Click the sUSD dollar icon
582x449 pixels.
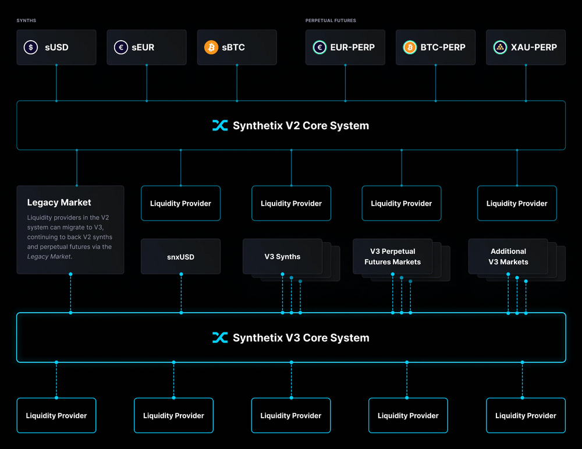31,47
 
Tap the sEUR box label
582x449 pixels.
143,47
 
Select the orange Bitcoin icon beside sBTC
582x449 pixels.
211,47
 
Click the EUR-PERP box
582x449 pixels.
345,47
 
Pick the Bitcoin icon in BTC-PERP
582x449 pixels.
410,47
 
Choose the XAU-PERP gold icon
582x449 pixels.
500,47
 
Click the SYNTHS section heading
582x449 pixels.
26,20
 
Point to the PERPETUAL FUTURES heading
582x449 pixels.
331,20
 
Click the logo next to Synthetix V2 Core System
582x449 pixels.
220,125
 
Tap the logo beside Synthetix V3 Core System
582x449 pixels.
220,338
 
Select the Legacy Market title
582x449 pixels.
59,203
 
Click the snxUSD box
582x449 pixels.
180,256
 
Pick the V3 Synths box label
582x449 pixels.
282,256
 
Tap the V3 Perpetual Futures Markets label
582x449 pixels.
392,257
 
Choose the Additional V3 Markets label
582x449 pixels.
508,257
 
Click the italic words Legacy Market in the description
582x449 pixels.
49,256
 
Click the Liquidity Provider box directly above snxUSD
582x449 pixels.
180,203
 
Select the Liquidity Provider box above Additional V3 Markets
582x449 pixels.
517,203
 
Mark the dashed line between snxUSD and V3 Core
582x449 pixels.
181,294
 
